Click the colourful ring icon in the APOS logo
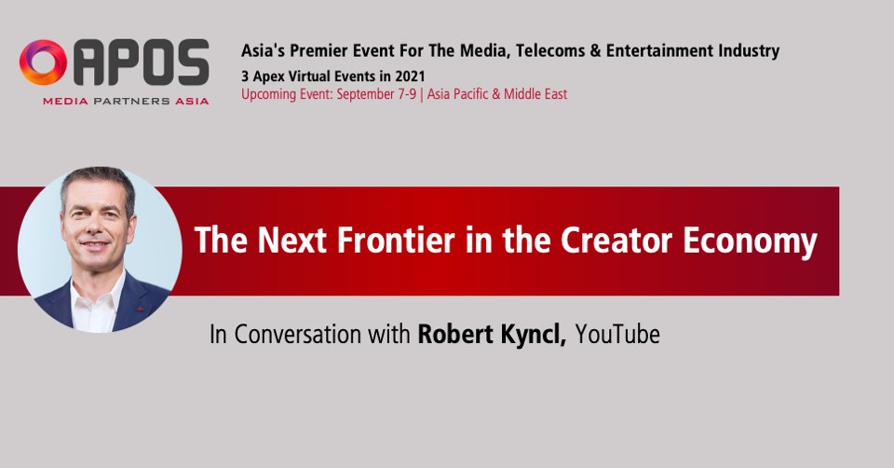(43, 62)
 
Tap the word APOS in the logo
(139, 63)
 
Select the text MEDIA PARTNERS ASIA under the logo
(125, 100)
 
